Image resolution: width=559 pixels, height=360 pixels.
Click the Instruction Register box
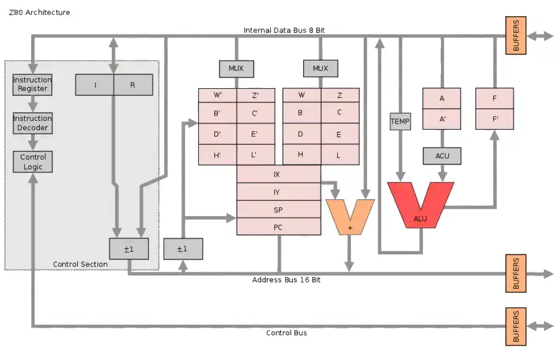(32, 84)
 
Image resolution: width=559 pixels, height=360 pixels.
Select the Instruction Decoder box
(32, 123)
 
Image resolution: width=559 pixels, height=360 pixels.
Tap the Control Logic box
(33, 162)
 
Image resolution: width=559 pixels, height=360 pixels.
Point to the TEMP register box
(400, 122)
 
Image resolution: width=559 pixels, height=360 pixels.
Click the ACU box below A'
(442, 156)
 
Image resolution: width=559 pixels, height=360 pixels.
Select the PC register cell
(278, 227)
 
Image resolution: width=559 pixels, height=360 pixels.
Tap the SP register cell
(278, 209)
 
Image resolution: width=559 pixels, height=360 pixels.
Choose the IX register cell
(278, 174)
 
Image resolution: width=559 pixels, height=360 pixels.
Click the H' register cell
(217, 155)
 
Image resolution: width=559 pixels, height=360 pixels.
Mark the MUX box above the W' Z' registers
(237, 68)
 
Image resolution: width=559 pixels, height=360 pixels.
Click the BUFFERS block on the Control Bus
(516, 326)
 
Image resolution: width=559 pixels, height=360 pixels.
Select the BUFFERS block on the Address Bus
(516, 273)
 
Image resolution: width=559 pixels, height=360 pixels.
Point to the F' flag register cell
(494, 119)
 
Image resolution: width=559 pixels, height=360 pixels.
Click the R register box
(133, 85)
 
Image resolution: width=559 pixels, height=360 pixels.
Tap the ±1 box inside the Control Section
(129, 249)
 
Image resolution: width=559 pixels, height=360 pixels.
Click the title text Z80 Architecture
(39, 12)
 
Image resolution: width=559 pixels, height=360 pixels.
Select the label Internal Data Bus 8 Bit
(284, 30)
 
